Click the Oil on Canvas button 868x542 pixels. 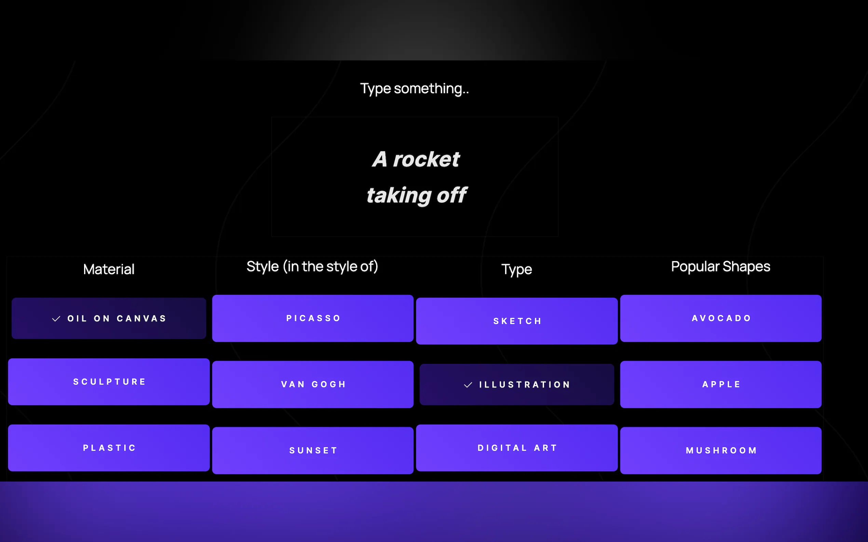click(x=109, y=318)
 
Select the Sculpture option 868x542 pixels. click(x=109, y=382)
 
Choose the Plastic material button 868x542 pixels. click(x=109, y=448)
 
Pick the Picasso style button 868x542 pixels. click(x=313, y=318)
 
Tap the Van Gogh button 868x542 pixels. click(x=313, y=384)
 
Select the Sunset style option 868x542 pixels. click(x=313, y=450)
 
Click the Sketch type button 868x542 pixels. click(x=517, y=321)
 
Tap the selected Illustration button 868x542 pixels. click(x=517, y=385)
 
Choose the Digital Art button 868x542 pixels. click(x=517, y=448)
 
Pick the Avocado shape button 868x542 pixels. click(x=721, y=318)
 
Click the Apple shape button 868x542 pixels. click(x=721, y=384)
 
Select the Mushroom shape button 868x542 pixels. click(x=721, y=450)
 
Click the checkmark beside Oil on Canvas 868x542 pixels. click(x=56, y=319)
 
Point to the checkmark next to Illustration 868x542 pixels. click(x=468, y=385)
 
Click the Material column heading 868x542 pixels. click(x=109, y=269)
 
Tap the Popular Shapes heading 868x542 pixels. click(x=721, y=267)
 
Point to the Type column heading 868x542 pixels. click(x=517, y=270)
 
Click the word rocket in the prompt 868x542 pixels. click(x=426, y=159)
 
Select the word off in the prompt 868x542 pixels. click(x=452, y=195)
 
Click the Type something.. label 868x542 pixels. click(x=415, y=88)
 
